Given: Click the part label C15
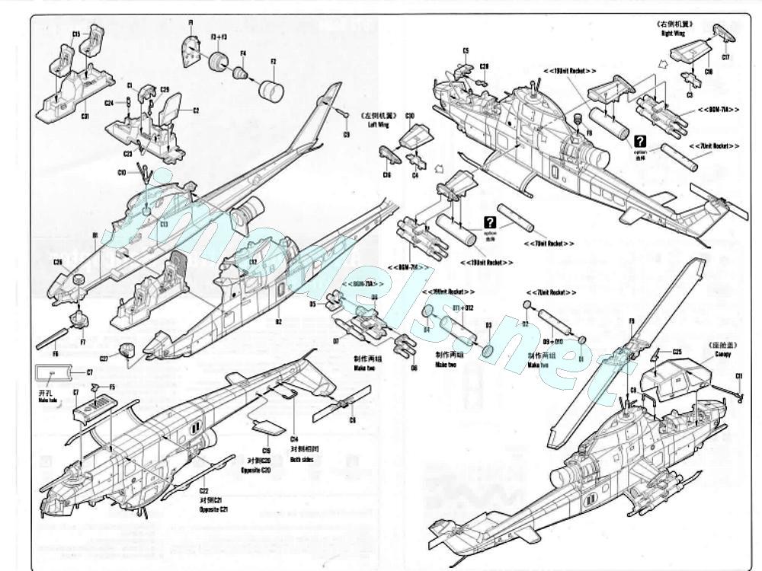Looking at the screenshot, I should (76, 34).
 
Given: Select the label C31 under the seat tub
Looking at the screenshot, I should (85, 116).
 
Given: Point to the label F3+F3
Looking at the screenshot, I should (218, 36).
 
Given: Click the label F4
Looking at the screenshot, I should (243, 53).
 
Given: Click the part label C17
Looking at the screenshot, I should (725, 58).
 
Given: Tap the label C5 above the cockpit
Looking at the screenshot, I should (466, 51).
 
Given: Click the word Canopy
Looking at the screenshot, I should (722, 352).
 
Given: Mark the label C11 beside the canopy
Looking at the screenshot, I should (738, 376).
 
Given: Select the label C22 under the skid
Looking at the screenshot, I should (203, 491).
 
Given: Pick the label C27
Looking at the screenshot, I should (104, 358).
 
